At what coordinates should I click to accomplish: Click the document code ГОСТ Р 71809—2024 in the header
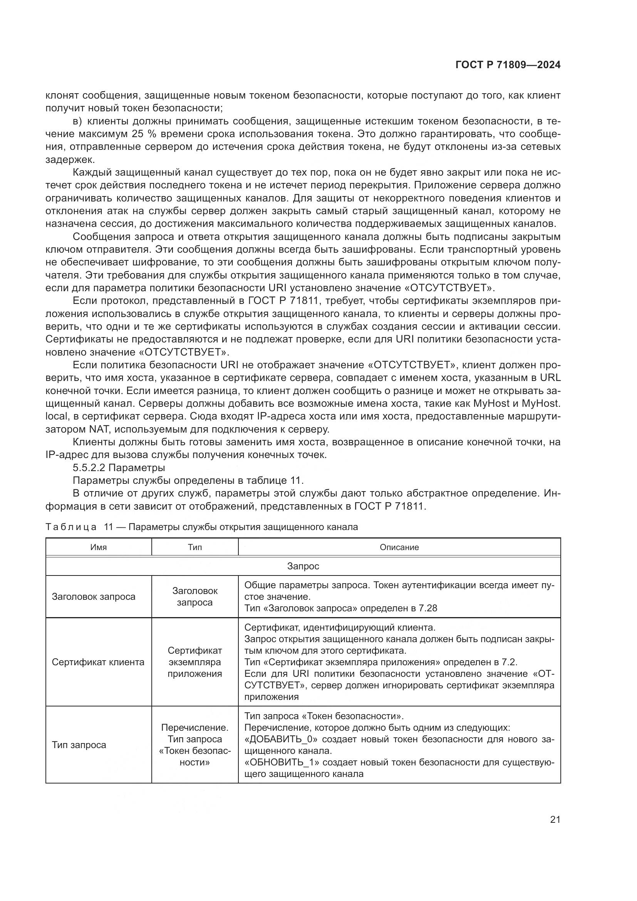click(x=508, y=65)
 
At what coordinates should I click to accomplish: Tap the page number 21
click(x=555, y=819)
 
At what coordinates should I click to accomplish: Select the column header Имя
click(x=99, y=547)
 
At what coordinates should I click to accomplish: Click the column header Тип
click(x=194, y=547)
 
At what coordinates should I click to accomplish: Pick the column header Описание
click(x=399, y=547)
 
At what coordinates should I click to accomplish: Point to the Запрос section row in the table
click(x=303, y=566)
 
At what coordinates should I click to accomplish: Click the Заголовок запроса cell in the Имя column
click(x=93, y=596)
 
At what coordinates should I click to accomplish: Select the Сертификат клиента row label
click(x=98, y=662)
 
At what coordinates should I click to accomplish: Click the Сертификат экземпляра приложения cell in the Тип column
click(x=194, y=662)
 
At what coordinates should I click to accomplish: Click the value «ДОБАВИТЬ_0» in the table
click(x=281, y=739)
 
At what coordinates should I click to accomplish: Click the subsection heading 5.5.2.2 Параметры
click(x=119, y=468)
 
